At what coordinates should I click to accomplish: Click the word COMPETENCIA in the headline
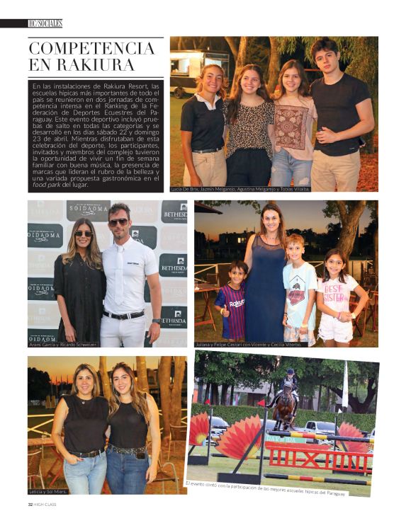(x=91, y=49)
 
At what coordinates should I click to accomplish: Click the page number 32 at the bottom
(x=30, y=504)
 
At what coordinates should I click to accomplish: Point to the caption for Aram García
(x=64, y=343)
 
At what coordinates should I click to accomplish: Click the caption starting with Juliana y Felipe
(x=249, y=344)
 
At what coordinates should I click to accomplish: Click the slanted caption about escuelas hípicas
(x=265, y=488)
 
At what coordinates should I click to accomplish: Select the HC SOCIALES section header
(x=45, y=23)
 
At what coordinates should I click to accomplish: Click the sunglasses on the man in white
(x=118, y=222)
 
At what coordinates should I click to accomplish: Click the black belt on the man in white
(x=123, y=314)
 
